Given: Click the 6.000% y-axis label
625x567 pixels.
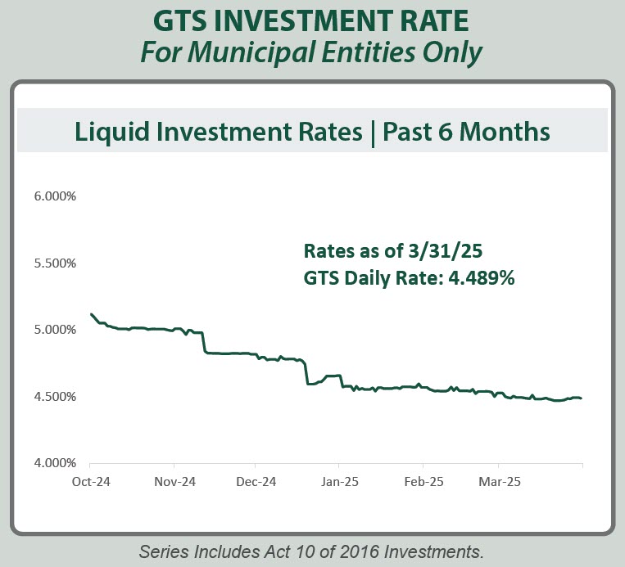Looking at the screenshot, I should (54, 197).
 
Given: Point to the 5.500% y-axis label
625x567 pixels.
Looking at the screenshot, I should (54, 263).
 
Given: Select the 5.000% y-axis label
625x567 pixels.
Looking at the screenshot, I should (54, 330).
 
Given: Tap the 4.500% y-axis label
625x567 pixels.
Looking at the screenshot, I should (54, 397).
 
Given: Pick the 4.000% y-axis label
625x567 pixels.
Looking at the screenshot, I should (54, 463).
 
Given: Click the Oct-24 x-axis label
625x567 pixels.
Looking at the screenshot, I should (90, 481).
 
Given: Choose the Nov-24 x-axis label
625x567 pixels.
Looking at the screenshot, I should (175, 481).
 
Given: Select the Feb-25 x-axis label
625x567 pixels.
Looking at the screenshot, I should (423, 481).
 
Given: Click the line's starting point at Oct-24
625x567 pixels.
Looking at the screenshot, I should (91, 314).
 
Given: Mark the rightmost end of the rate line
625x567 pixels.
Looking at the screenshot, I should (582, 398).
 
